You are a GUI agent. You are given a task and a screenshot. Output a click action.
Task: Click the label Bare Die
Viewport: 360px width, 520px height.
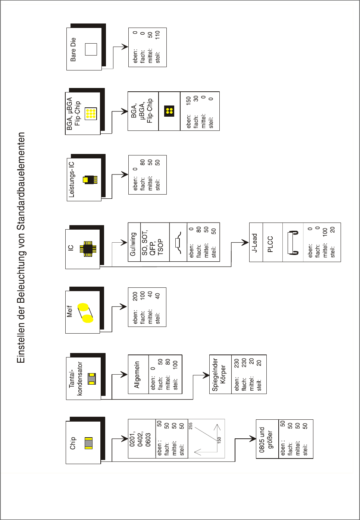click(x=73, y=49)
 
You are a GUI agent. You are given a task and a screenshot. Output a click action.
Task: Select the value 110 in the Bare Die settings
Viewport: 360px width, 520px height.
click(x=157, y=35)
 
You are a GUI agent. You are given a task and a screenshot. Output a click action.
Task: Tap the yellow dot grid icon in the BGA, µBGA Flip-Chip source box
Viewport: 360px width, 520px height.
click(x=91, y=113)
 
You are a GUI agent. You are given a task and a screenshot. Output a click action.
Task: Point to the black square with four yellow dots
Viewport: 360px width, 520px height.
click(x=169, y=111)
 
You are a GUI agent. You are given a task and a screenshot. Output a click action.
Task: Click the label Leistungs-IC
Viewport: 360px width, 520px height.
click(x=72, y=179)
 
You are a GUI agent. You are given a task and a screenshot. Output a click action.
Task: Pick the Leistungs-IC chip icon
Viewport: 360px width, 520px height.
click(x=90, y=180)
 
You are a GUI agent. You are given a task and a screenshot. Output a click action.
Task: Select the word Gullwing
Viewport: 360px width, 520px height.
click(x=133, y=244)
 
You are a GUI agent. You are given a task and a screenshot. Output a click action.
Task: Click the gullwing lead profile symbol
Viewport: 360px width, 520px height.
click(x=178, y=242)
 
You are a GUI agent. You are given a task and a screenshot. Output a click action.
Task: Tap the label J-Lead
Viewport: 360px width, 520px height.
click(x=255, y=243)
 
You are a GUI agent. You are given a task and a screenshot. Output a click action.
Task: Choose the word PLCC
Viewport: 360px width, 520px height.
click(x=270, y=244)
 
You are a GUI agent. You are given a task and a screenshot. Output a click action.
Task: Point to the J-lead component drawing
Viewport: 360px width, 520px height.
click(x=293, y=243)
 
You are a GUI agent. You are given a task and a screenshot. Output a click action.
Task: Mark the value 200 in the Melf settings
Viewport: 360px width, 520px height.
click(x=135, y=296)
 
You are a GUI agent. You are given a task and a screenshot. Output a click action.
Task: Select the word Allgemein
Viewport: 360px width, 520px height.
click(x=137, y=375)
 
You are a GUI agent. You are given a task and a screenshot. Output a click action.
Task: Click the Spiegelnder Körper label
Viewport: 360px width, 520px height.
click(x=219, y=375)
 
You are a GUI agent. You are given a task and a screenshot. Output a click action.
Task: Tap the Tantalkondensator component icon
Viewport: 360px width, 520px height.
click(x=91, y=379)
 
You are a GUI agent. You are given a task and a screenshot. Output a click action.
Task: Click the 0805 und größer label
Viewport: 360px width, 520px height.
click(x=266, y=439)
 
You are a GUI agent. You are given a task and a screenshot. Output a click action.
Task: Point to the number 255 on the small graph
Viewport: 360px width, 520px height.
click(x=191, y=426)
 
